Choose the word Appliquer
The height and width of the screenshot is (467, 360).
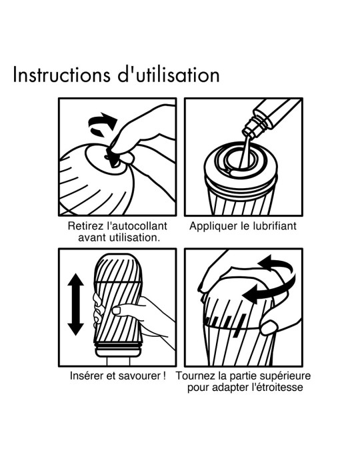click(x=213, y=226)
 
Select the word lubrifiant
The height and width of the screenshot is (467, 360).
click(x=273, y=226)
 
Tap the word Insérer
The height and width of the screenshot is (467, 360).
click(x=89, y=376)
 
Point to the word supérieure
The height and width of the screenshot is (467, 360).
click(x=285, y=376)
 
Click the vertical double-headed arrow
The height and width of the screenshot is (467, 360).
click(x=75, y=304)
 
